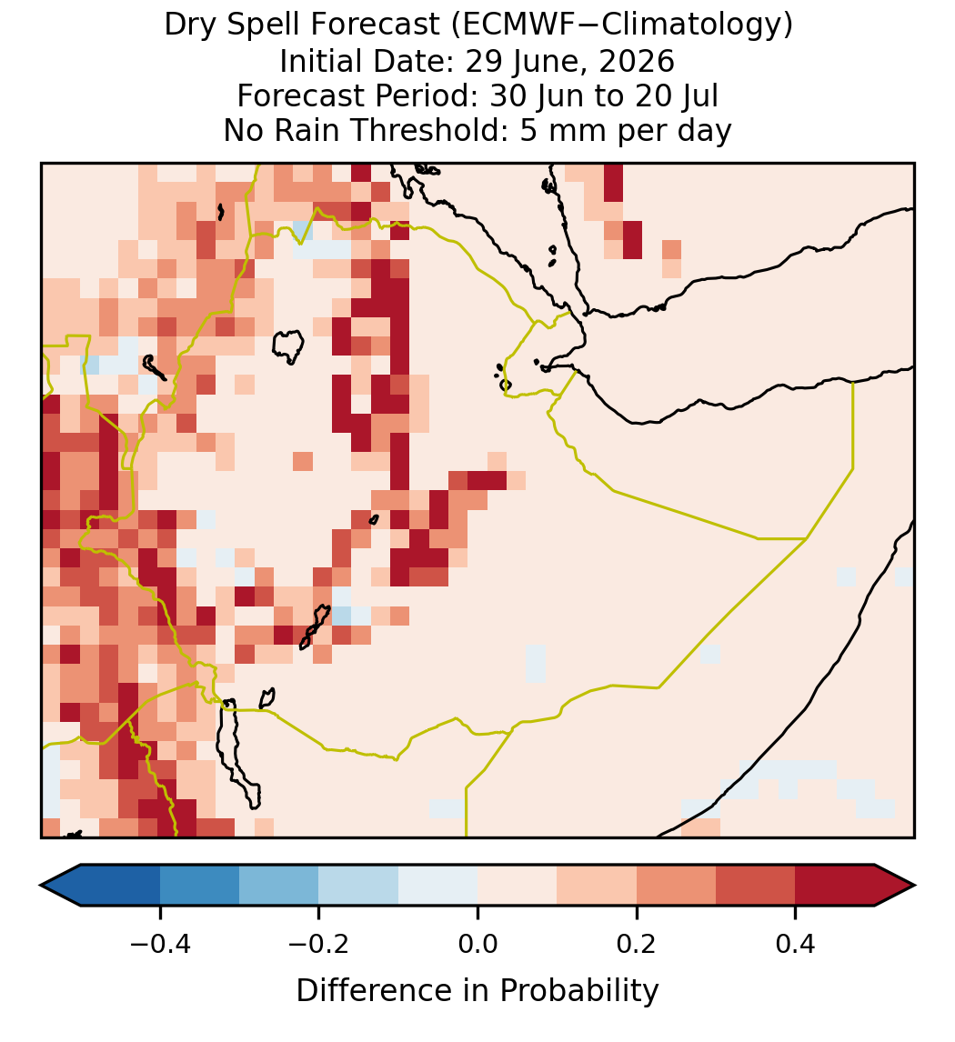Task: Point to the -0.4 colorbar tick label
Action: tap(159, 943)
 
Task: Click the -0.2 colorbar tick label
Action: tap(318, 943)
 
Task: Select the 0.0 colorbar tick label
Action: tap(477, 943)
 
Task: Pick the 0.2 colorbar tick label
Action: tap(637, 943)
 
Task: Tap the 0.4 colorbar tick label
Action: tap(796, 943)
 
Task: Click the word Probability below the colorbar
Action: tap(578, 991)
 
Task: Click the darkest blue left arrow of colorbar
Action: tap(60, 886)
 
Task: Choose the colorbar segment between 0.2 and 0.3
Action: tap(676, 886)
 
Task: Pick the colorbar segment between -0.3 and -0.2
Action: tap(278, 886)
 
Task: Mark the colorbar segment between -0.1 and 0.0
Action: tap(438, 886)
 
